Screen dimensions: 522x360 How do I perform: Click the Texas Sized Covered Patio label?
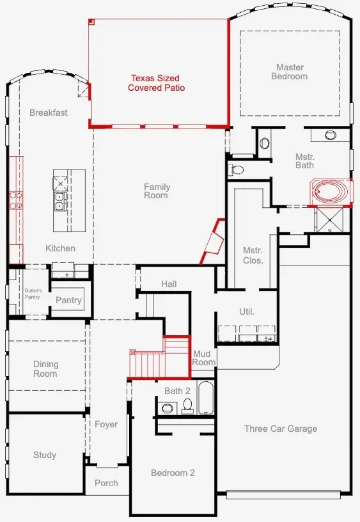(157, 83)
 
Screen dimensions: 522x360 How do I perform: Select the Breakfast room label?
(49, 113)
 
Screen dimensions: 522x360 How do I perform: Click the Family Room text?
(157, 191)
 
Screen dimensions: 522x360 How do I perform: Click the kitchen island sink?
(59, 202)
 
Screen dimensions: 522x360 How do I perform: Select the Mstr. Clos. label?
(253, 255)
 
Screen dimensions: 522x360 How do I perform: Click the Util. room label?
(247, 312)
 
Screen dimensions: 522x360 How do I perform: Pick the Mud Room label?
(204, 358)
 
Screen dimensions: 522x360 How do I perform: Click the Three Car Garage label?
(281, 429)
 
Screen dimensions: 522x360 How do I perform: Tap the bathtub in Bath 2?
(207, 399)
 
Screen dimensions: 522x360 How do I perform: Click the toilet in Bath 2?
(188, 405)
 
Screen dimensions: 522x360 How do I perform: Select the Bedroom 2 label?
(173, 473)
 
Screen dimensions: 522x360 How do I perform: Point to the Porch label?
(106, 483)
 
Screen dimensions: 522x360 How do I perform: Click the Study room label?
(45, 455)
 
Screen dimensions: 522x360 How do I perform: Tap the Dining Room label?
(45, 369)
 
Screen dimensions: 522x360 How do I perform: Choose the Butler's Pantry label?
(33, 294)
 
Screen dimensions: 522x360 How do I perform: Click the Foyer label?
(106, 424)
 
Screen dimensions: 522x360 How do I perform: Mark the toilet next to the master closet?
(236, 170)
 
